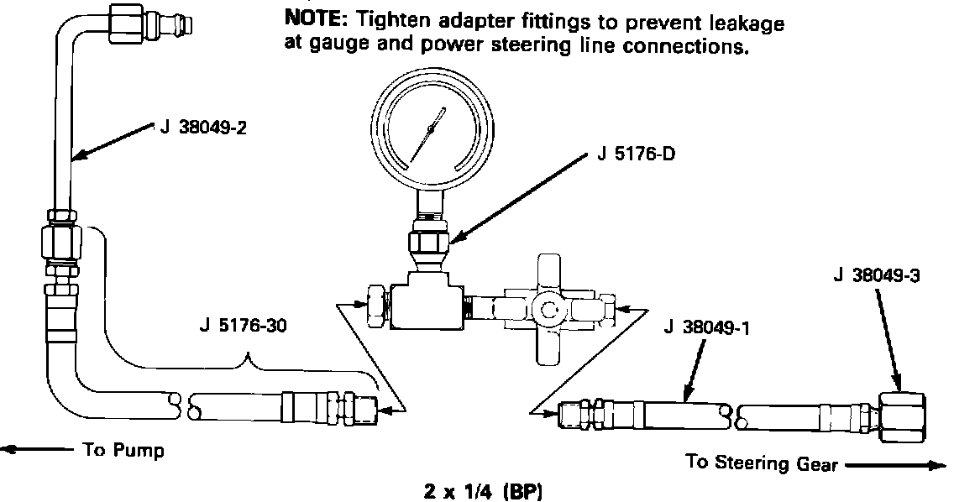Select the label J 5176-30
click(x=244, y=327)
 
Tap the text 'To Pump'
click(x=123, y=451)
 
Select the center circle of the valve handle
click(x=550, y=311)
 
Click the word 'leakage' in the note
click(x=746, y=24)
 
